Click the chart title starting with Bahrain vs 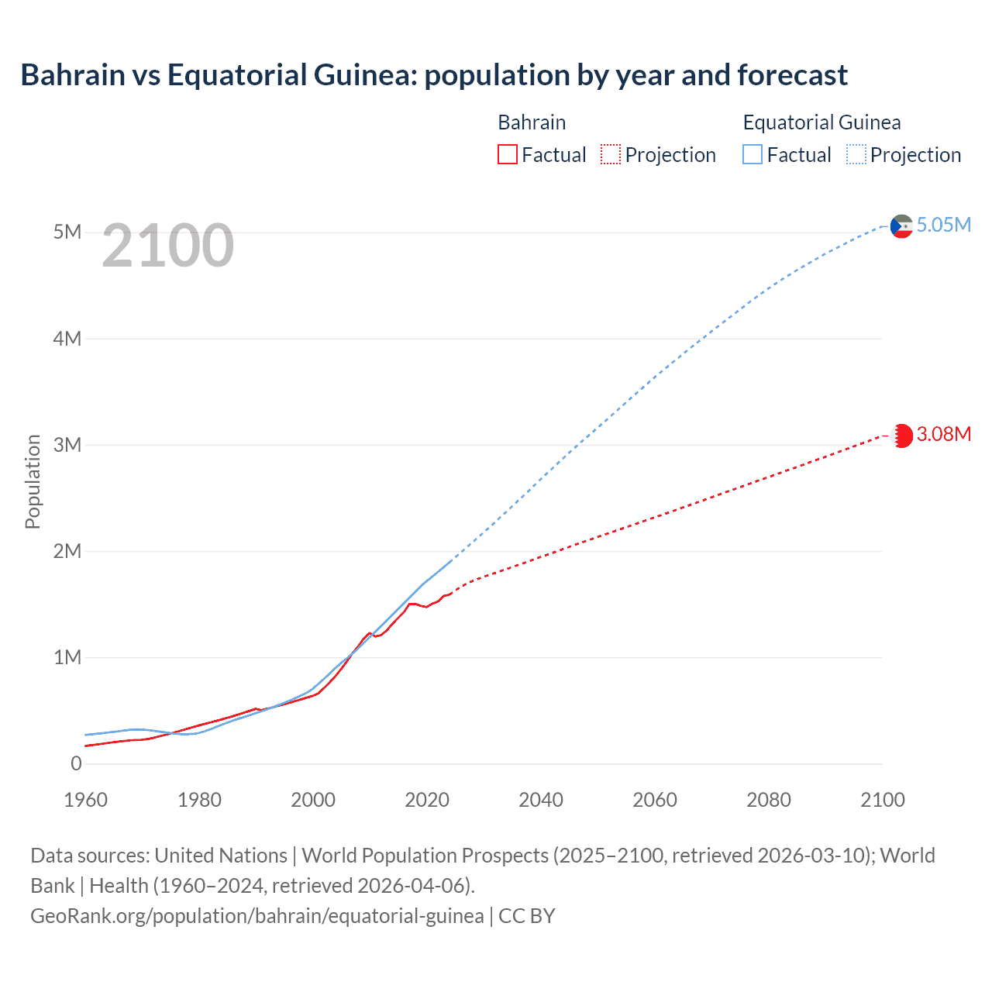[434, 75]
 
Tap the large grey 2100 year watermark [167, 246]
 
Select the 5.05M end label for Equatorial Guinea [943, 225]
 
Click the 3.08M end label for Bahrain [943, 434]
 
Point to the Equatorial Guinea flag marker [901, 226]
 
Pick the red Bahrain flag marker [902, 436]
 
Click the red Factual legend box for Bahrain [508, 155]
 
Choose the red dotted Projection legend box [611, 155]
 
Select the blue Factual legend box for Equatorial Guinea [753, 155]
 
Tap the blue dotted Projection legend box [856, 155]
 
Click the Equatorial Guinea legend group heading [821, 122]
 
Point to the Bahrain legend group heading [532, 122]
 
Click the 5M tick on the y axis [67, 232]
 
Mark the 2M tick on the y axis [67, 551]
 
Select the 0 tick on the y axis [76, 763]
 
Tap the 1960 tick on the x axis [85, 800]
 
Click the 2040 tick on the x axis [541, 800]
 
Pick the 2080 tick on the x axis [769, 800]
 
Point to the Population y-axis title [33, 481]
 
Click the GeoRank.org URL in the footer [257, 916]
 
